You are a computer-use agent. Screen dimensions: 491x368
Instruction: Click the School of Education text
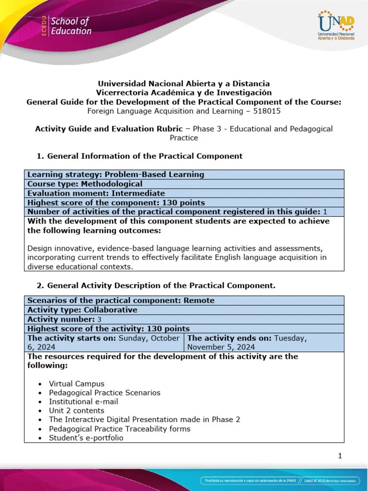(x=70, y=26)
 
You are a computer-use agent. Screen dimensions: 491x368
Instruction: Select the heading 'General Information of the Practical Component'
(x=145, y=156)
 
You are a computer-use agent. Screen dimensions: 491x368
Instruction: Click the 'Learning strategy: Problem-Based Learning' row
(x=116, y=175)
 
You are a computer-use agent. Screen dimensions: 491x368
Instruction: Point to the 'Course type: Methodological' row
(x=85, y=184)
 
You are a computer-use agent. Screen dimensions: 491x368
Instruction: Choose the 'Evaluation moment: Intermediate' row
(x=96, y=193)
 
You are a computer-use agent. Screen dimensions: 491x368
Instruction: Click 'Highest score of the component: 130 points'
(x=116, y=202)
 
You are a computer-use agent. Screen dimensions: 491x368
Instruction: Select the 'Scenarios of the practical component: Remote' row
(x=121, y=301)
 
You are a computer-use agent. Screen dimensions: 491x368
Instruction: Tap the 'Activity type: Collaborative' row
(x=82, y=310)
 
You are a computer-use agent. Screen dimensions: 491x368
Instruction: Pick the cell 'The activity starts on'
(x=103, y=342)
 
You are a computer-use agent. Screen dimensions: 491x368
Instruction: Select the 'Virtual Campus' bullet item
(x=76, y=384)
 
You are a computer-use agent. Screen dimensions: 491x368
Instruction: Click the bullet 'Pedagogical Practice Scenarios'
(x=104, y=393)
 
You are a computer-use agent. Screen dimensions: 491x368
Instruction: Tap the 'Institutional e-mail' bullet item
(x=83, y=401)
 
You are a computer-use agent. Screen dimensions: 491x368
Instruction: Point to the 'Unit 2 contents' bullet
(x=76, y=410)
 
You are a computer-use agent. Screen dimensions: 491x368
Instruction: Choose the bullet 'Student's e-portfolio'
(x=86, y=437)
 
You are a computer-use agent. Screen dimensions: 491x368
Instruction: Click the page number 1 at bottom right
(x=340, y=456)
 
